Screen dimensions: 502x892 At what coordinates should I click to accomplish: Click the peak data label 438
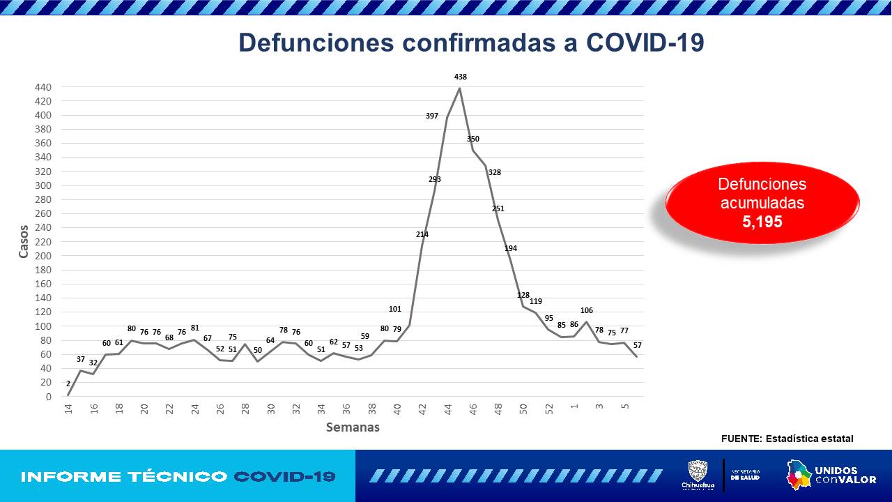pyautogui.click(x=459, y=77)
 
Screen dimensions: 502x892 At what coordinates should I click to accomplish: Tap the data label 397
pyautogui.click(x=432, y=116)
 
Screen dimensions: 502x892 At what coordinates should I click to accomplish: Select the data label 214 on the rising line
pyautogui.click(x=422, y=234)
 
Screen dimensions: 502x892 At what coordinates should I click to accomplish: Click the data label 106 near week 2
pyautogui.click(x=586, y=310)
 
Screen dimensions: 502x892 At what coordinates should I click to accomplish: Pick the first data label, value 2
pyautogui.click(x=68, y=383)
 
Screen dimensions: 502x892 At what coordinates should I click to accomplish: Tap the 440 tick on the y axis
pyautogui.click(x=43, y=87)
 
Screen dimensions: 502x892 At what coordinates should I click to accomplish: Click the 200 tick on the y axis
pyautogui.click(x=43, y=256)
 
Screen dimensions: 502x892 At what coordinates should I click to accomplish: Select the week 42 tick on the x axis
pyautogui.click(x=422, y=409)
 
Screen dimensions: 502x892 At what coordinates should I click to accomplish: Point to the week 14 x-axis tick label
pyautogui.click(x=68, y=409)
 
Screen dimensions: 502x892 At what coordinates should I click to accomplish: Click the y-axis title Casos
pyautogui.click(x=24, y=241)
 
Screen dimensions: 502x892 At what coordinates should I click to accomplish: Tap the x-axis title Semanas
pyautogui.click(x=353, y=427)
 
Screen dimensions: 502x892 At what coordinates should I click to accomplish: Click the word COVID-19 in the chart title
pyautogui.click(x=645, y=43)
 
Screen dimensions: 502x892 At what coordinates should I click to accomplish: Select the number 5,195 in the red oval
pyautogui.click(x=762, y=222)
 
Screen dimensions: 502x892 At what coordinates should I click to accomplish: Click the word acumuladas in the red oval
pyautogui.click(x=762, y=203)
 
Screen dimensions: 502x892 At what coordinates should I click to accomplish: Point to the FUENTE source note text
pyautogui.click(x=787, y=439)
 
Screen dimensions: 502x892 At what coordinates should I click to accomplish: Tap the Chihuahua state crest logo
pyautogui.click(x=698, y=471)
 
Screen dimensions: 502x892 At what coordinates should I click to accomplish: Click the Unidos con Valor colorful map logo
pyautogui.click(x=799, y=475)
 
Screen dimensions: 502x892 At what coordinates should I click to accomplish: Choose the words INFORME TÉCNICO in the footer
pyautogui.click(x=124, y=477)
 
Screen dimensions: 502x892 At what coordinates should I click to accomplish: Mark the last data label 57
pyautogui.click(x=637, y=346)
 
